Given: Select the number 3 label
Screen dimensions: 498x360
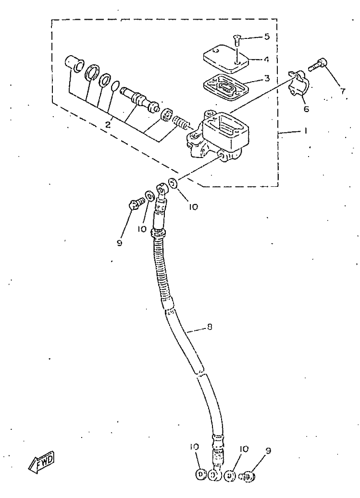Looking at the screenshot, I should pyautogui.click(x=266, y=77).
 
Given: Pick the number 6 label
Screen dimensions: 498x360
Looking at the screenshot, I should pyautogui.click(x=306, y=109).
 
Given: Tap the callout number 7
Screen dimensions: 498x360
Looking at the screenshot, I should pyautogui.click(x=343, y=91).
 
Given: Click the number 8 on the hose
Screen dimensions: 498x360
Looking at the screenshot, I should pyautogui.click(x=210, y=327).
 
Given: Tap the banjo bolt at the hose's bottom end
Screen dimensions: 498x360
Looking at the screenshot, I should pyautogui.click(x=247, y=476).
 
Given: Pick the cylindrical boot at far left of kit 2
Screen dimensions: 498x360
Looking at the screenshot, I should pyautogui.click(x=74, y=64).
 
